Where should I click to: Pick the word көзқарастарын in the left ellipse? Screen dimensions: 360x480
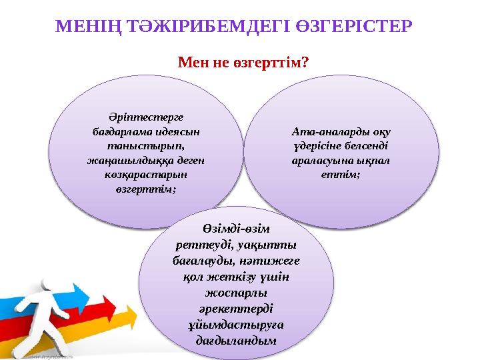(x=137, y=175)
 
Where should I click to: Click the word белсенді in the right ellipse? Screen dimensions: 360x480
(x=361, y=146)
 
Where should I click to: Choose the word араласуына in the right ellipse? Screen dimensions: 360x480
(x=321, y=161)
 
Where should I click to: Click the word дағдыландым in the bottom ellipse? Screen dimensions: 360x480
(x=239, y=341)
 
